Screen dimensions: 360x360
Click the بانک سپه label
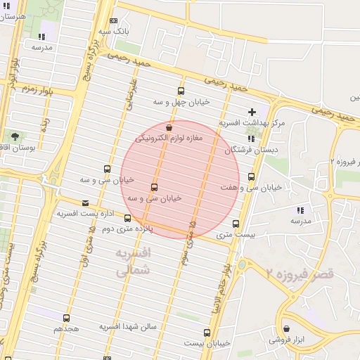click(x=112, y=32)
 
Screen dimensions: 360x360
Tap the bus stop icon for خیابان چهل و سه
click(x=181, y=91)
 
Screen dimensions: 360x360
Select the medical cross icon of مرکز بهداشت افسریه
click(x=252, y=112)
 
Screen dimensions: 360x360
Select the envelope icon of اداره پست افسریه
click(x=85, y=202)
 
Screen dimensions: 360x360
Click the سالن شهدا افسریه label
click(x=127, y=327)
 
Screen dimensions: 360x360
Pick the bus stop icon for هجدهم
click(x=66, y=318)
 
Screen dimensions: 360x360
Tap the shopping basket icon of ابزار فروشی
click(x=286, y=328)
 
